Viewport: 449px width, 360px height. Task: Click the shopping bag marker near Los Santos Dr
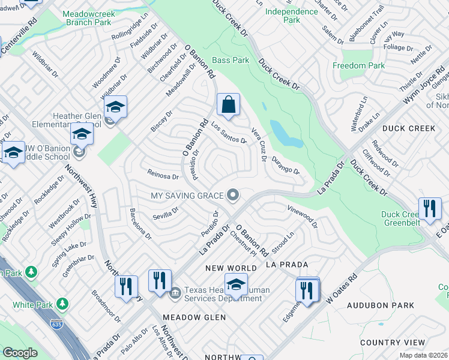(228, 106)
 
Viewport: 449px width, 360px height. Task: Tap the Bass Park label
(231, 60)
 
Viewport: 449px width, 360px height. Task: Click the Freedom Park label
(359, 65)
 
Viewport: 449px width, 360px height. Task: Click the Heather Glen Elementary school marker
(115, 108)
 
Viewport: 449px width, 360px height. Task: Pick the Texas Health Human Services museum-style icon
(175, 293)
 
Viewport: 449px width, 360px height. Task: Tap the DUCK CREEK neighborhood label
(409, 128)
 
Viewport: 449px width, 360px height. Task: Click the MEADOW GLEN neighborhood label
(194, 317)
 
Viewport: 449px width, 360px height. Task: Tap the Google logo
(20, 353)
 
